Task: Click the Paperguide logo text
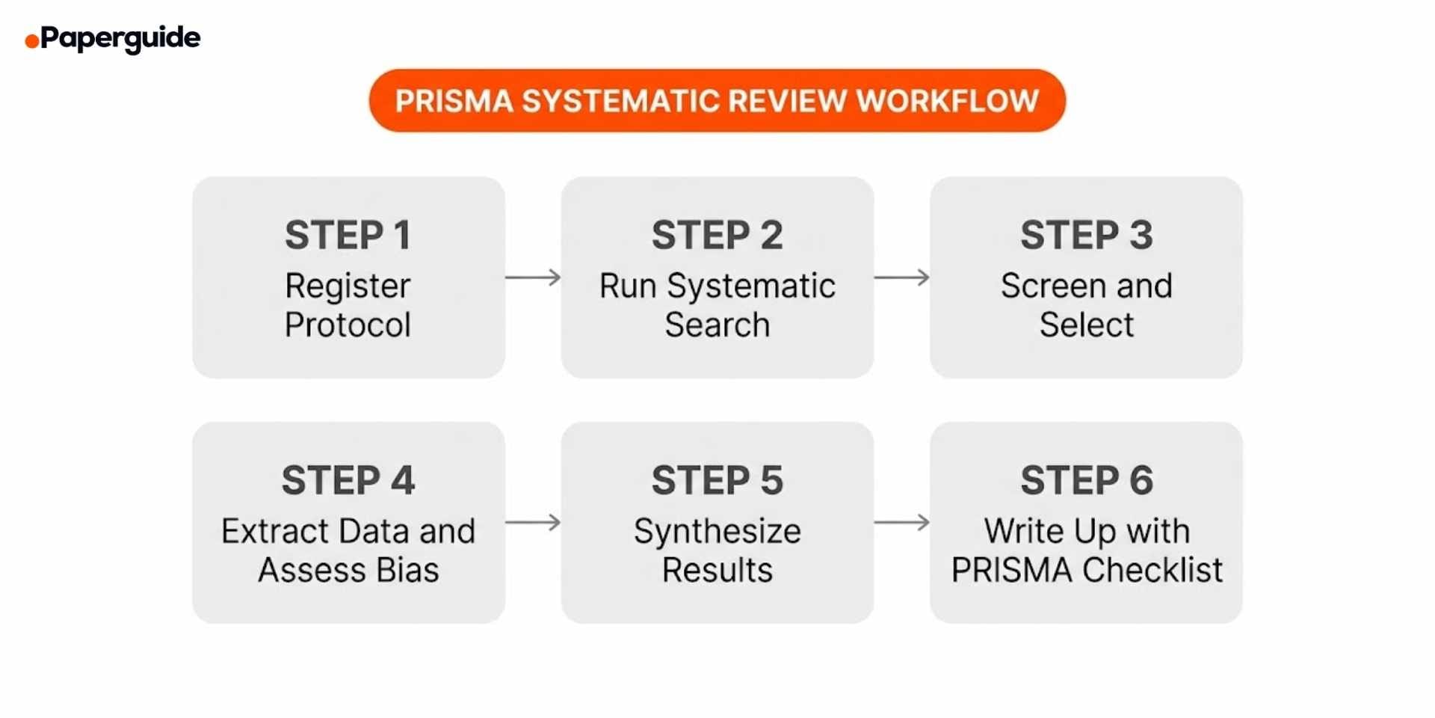pos(120,37)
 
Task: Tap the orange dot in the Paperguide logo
pos(31,41)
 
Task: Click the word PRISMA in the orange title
pos(454,101)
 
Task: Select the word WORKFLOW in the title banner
pos(948,101)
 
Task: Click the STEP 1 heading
pos(348,236)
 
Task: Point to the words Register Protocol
pos(348,305)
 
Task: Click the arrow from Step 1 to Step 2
pos(533,277)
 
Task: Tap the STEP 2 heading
pos(717,236)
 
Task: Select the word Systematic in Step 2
pos(750,286)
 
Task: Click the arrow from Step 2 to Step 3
pos(902,277)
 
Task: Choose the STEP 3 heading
pos(1087,236)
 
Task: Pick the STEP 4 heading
pos(348,480)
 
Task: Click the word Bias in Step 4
pos(407,571)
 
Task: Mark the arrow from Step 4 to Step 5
pos(533,522)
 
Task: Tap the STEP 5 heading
pos(717,480)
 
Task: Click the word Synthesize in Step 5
pos(717,532)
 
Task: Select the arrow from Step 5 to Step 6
pos(902,522)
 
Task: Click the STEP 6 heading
pos(1087,480)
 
